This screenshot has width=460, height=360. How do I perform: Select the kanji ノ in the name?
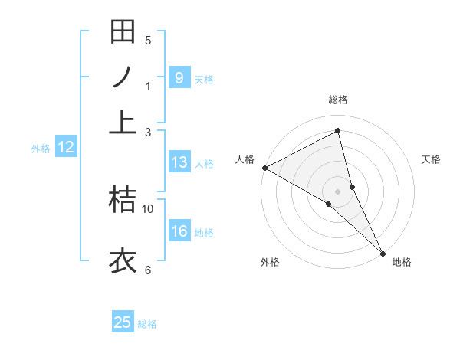pyautogui.click(x=123, y=77)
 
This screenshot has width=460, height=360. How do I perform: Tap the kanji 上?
pyautogui.click(x=123, y=122)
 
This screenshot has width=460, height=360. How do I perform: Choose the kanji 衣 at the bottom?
pyautogui.click(x=123, y=260)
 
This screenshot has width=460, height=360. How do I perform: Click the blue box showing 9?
pyautogui.click(x=179, y=78)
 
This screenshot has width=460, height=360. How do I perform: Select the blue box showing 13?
pyautogui.click(x=179, y=162)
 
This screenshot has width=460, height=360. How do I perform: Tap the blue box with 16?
pyautogui.click(x=179, y=232)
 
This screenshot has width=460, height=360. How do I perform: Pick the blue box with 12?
pyautogui.click(x=66, y=148)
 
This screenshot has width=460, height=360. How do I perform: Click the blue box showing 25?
pyautogui.click(x=123, y=322)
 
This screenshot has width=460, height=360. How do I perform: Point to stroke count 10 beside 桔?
pyautogui.click(x=148, y=208)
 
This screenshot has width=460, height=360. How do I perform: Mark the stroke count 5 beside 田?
pyautogui.click(x=148, y=40)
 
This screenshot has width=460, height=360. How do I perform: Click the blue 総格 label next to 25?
pyautogui.click(x=147, y=324)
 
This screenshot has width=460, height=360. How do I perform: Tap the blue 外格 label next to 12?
pyautogui.click(x=41, y=149)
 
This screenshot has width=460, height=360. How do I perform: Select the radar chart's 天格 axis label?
pyautogui.click(x=431, y=159)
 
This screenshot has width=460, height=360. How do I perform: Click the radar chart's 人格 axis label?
pyautogui.click(x=245, y=159)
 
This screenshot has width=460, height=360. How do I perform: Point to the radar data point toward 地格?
pyautogui.click(x=382, y=252)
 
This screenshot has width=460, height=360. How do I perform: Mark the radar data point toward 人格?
pyautogui.click(x=264, y=168)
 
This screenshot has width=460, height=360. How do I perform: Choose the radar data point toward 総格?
pyautogui.click(x=338, y=131)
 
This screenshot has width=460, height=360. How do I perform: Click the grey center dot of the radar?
pyautogui.click(x=338, y=191)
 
